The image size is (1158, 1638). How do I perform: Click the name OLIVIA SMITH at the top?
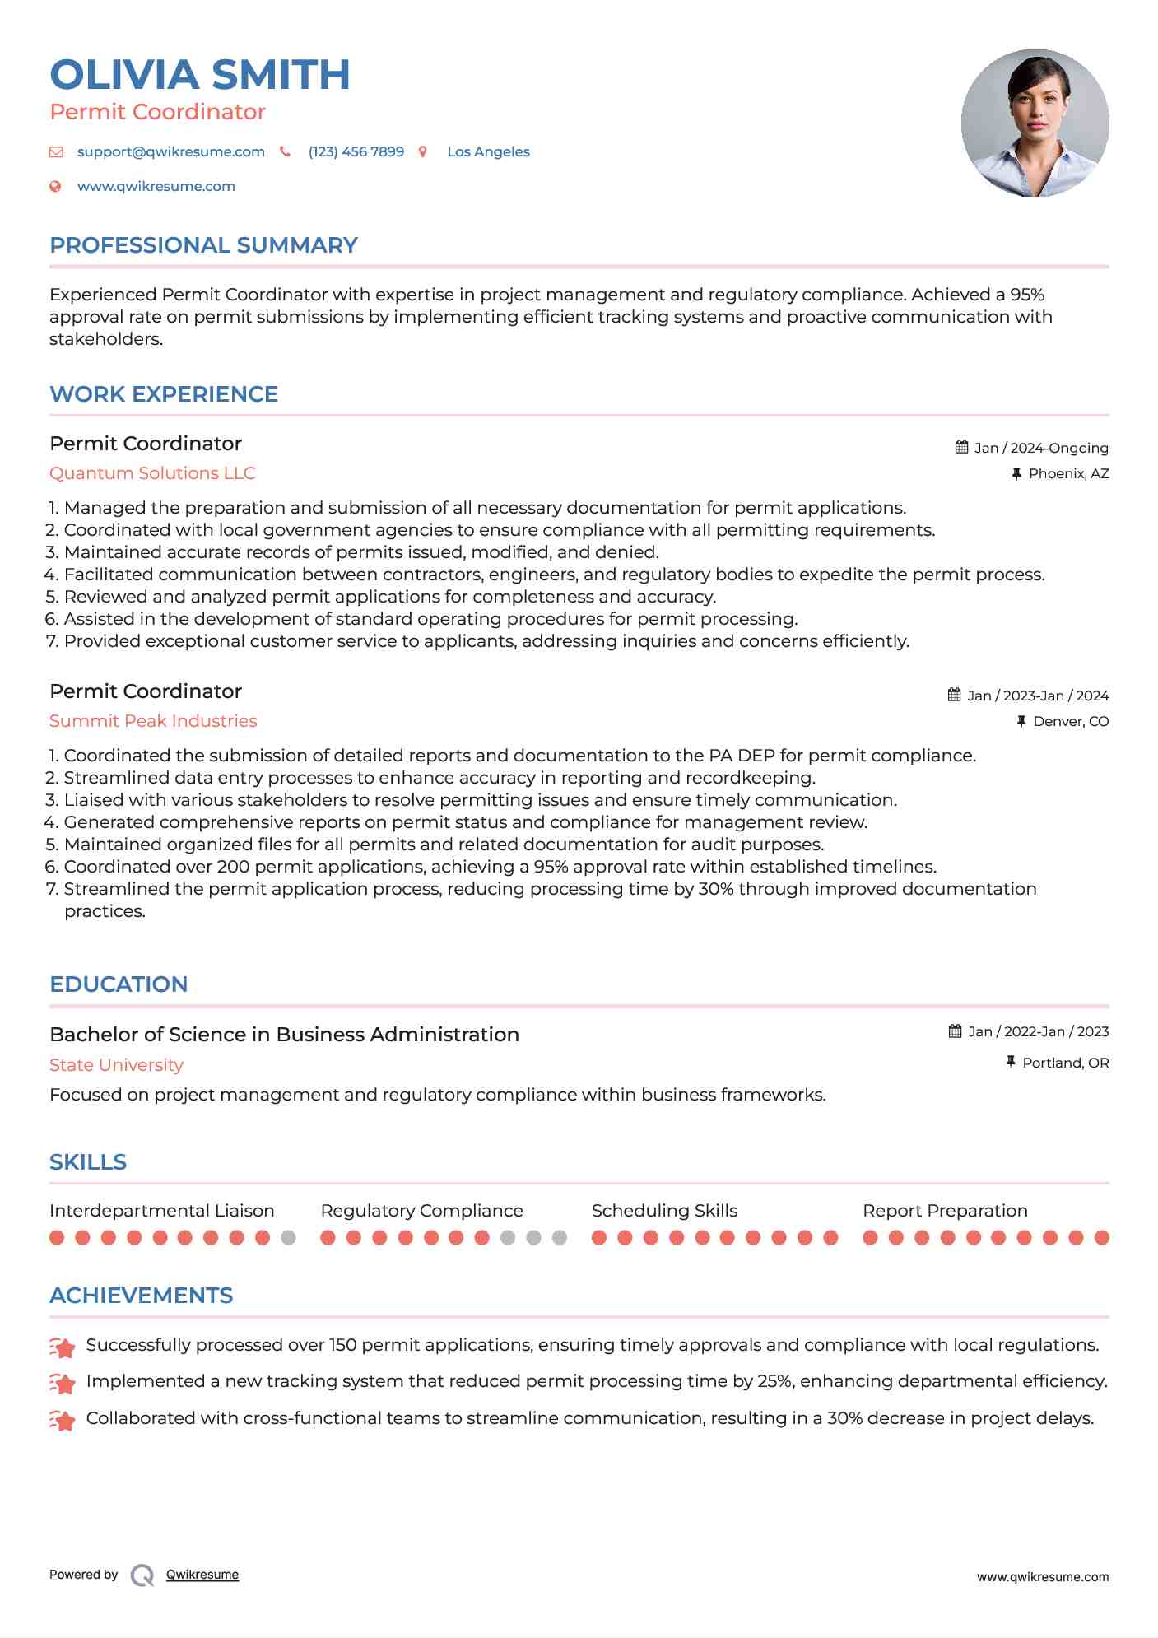(x=200, y=75)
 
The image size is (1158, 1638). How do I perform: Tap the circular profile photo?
(x=1035, y=123)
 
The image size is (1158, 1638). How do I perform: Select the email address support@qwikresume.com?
(x=170, y=152)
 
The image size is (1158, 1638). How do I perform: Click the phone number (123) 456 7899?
(x=356, y=152)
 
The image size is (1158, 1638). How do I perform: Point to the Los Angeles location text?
(x=488, y=152)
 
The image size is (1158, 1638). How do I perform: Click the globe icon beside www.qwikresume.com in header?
(x=56, y=187)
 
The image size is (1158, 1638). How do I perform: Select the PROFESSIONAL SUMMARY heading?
(x=203, y=245)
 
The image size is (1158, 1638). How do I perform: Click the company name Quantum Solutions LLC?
(x=152, y=473)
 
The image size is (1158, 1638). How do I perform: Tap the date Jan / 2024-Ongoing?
(x=1041, y=449)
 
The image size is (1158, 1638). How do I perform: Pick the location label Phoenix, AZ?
(x=1068, y=474)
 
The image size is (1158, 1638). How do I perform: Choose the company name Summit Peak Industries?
(x=153, y=721)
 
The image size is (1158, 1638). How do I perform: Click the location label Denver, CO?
(x=1071, y=722)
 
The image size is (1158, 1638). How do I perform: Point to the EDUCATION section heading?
(x=119, y=984)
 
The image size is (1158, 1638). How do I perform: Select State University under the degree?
(x=116, y=1065)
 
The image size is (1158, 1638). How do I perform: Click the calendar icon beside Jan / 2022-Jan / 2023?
(x=955, y=1031)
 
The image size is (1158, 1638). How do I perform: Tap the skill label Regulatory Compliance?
(x=421, y=1211)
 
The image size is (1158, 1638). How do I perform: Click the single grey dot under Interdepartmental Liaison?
(x=288, y=1238)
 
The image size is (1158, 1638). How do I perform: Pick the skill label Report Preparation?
(x=945, y=1211)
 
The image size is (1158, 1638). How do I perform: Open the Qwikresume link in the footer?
(x=202, y=1575)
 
